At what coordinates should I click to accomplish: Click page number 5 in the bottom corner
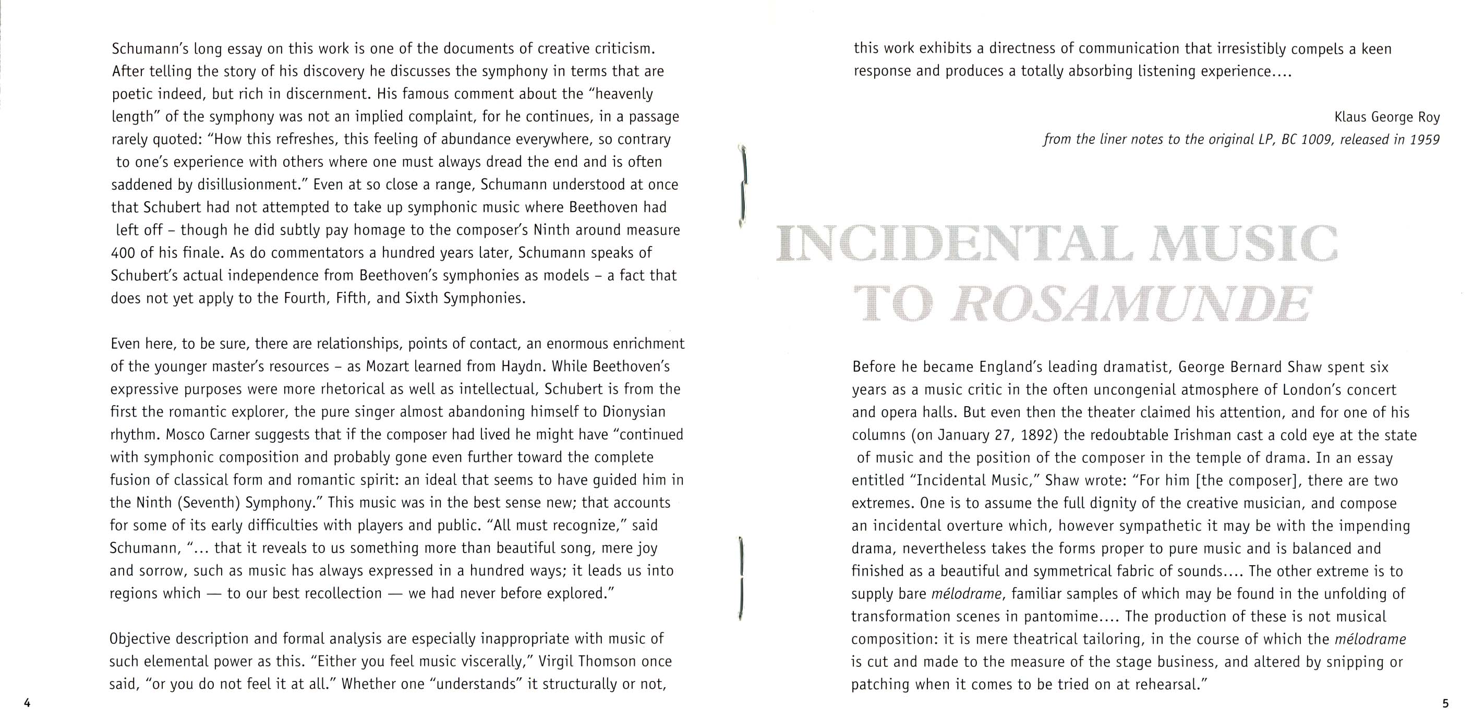(x=1445, y=703)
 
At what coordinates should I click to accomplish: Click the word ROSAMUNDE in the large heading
(x=1132, y=303)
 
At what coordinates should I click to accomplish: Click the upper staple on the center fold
(x=743, y=186)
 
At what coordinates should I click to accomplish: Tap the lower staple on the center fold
(x=741, y=578)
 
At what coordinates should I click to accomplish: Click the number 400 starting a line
(x=123, y=253)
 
